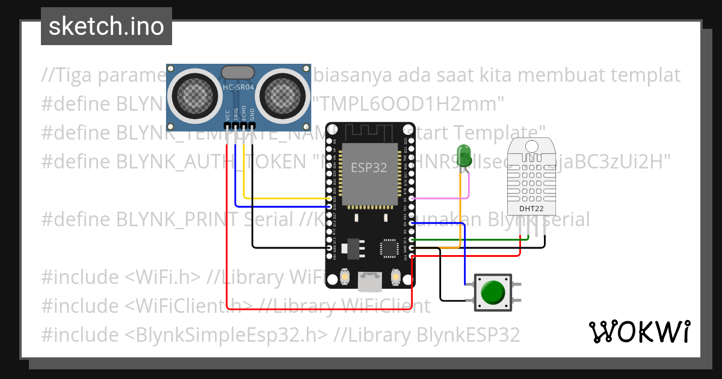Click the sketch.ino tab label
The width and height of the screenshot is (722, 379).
pyautogui.click(x=106, y=26)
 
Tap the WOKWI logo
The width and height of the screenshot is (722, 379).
pyautogui.click(x=639, y=331)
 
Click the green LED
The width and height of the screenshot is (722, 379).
pyautogui.click(x=464, y=155)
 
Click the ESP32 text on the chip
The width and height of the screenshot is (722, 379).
pyautogui.click(x=369, y=167)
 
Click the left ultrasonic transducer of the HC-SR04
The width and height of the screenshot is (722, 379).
pyautogui.click(x=194, y=93)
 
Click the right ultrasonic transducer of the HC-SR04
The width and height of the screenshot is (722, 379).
pyautogui.click(x=283, y=93)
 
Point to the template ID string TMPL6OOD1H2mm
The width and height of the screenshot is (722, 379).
pyautogui.click(x=409, y=104)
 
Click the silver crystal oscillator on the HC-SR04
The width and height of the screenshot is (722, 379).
pyautogui.click(x=238, y=72)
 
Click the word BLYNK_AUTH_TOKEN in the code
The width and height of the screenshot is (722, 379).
pyautogui.click(x=208, y=161)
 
